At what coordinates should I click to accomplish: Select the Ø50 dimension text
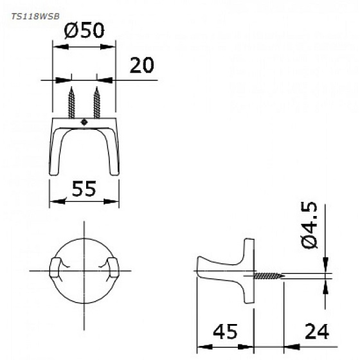pyautogui.click(x=84, y=31)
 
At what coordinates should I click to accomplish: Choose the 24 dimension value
pyautogui.click(x=315, y=331)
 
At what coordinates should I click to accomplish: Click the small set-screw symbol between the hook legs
pyautogui.click(x=84, y=120)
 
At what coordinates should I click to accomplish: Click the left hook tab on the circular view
pyautogui.click(x=56, y=269)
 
